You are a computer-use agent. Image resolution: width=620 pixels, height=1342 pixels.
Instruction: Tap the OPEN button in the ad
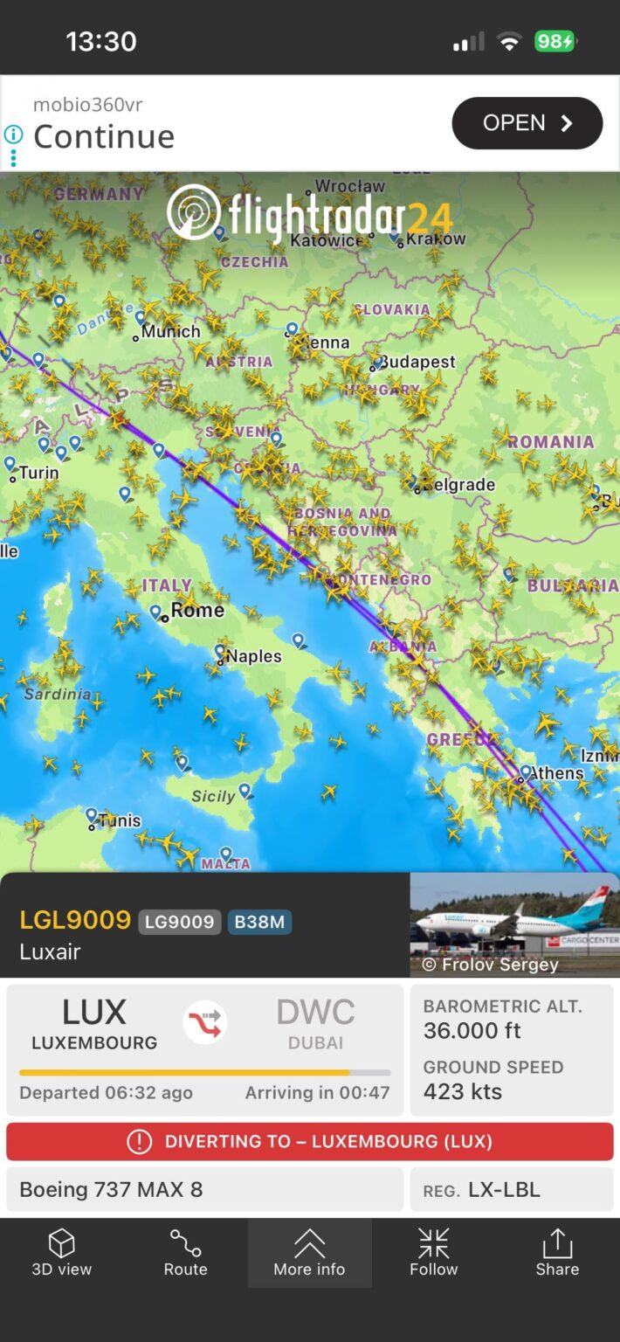527,123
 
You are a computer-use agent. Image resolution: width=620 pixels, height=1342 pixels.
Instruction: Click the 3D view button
61,1253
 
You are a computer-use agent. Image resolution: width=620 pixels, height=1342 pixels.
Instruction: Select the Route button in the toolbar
185,1253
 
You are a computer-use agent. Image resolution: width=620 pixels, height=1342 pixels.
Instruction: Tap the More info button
309,1253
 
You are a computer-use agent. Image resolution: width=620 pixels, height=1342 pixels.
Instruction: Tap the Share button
557,1253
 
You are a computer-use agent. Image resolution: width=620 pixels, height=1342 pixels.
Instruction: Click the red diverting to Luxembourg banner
310,1141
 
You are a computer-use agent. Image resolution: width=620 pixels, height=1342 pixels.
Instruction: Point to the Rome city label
197,610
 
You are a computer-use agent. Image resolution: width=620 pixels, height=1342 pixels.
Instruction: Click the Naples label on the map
253,656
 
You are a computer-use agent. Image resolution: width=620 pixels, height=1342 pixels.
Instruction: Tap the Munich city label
171,331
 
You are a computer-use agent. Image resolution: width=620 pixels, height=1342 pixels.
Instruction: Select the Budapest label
417,361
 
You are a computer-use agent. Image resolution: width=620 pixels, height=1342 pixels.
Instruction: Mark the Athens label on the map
556,773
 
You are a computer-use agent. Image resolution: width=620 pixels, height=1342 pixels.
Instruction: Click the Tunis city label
119,820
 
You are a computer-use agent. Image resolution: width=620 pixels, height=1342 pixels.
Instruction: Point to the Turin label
38,473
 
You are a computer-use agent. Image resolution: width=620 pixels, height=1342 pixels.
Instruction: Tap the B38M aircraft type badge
259,922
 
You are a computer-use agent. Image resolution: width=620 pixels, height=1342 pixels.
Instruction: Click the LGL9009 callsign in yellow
75,920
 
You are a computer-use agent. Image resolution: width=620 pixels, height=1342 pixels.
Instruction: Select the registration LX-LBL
504,1190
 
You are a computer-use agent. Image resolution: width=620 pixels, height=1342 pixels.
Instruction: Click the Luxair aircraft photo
514,924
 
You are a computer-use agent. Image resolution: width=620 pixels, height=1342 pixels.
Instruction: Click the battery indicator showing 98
555,41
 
